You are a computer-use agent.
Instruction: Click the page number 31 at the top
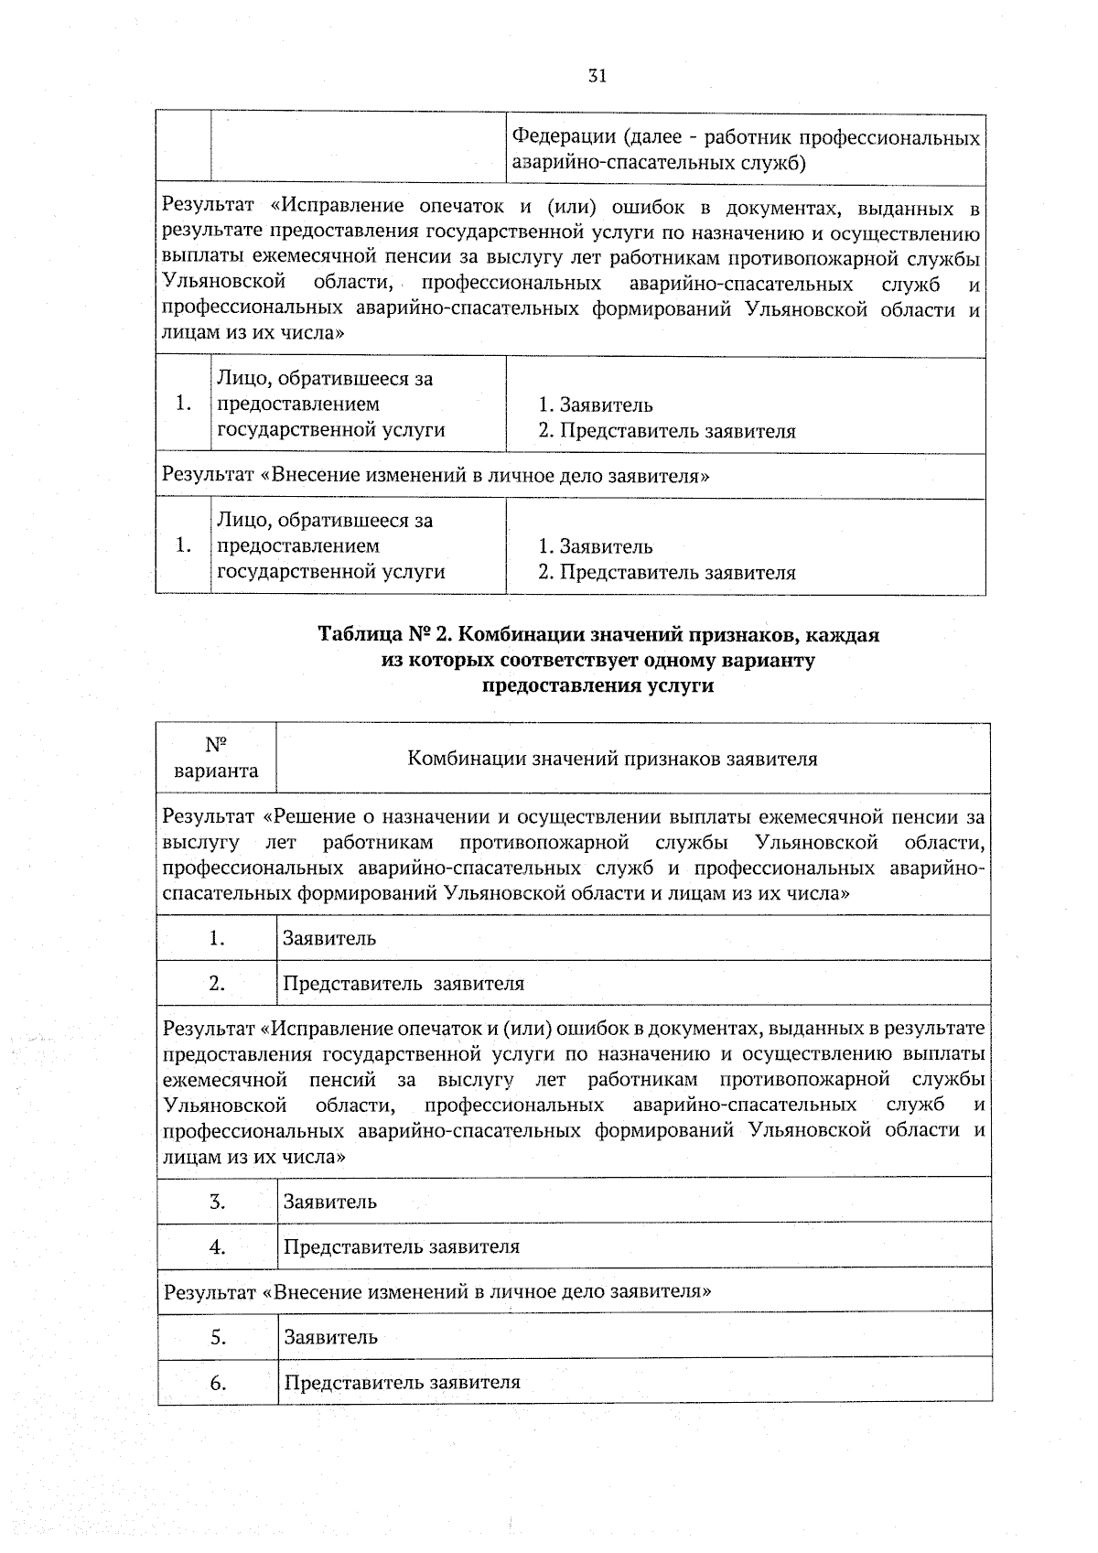[597, 76]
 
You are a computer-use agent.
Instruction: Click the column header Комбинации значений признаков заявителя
[612, 759]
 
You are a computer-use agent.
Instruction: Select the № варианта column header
[216, 758]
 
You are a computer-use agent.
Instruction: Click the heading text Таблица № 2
[383, 634]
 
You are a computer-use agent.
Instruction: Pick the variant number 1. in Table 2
[217, 938]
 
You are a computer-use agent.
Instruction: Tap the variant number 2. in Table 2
[217, 984]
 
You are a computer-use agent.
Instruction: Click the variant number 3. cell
[217, 1202]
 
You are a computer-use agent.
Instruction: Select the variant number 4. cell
[217, 1246]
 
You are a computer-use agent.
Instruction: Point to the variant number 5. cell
[218, 1337]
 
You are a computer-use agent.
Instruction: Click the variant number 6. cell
[218, 1383]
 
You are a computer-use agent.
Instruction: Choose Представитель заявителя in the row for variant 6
[402, 1383]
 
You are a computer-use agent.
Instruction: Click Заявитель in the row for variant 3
[330, 1202]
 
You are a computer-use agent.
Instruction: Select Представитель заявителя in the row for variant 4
[402, 1246]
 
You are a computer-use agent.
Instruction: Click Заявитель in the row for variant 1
[329, 938]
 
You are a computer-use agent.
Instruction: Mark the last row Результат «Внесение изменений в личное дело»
[438, 1292]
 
